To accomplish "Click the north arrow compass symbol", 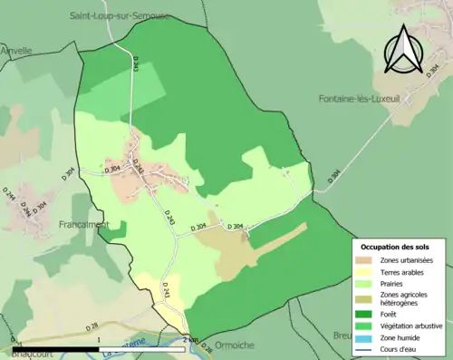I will click(403, 50).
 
